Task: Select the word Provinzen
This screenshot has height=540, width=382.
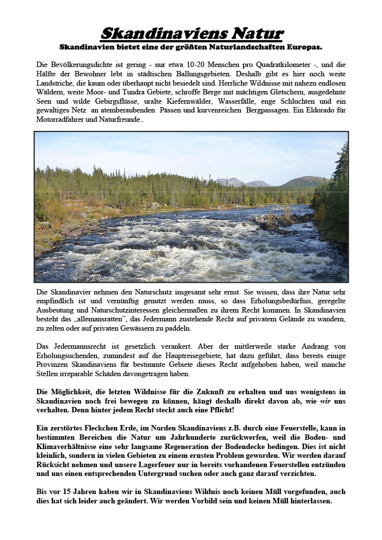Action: pos(53,364)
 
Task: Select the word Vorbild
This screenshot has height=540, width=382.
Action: pos(238,501)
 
